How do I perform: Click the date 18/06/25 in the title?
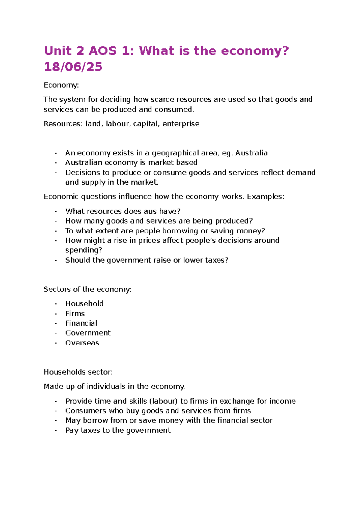[x=73, y=67]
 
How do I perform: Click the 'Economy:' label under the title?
[x=61, y=85]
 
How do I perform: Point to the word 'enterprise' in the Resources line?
[x=181, y=124]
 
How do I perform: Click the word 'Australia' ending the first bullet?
[x=251, y=153]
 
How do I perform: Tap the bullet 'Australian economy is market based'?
[x=131, y=163]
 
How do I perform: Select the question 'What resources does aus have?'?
[x=123, y=211]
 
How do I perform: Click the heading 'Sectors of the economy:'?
[x=87, y=289]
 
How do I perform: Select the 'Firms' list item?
[x=75, y=314]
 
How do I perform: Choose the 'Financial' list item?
[x=81, y=323]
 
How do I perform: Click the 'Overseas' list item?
[x=82, y=343]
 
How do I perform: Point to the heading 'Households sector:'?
[x=78, y=372]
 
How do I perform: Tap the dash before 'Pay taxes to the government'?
[x=56, y=430]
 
